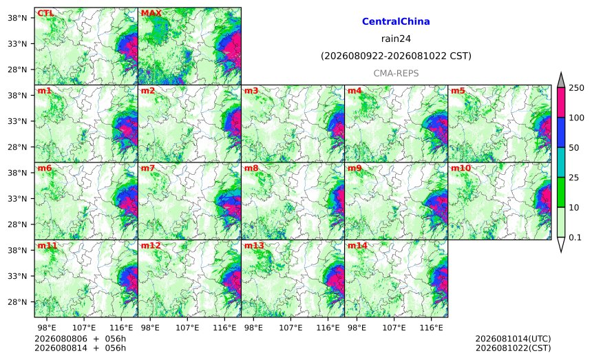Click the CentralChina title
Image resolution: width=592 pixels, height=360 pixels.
(396, 21)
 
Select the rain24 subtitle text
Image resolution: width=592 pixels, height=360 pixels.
(396, 39)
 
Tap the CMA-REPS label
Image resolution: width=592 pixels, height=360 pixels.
(396, 73)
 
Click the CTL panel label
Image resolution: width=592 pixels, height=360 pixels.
(45, 13)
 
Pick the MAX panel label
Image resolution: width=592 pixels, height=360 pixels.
(151, 13)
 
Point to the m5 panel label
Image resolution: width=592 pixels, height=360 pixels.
(458, 91)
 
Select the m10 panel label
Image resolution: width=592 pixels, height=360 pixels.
(461, 168)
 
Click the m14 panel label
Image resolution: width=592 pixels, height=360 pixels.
(357, 246)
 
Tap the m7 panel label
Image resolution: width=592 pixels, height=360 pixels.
(147, 168)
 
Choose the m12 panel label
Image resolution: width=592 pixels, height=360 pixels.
(151, 246)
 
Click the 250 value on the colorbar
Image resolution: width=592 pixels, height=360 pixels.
(577, 88)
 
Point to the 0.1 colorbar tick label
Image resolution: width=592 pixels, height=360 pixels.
(575, 237)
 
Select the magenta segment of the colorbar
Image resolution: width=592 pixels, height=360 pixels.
(560, 103)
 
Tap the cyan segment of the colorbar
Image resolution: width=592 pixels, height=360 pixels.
(560, 162)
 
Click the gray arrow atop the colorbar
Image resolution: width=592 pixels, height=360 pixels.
(560, 81)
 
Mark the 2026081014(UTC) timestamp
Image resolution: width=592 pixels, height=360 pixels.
(513, 339)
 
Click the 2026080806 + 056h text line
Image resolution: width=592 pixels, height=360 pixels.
(80, 339)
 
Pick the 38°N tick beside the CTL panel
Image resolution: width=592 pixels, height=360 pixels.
(17, 18)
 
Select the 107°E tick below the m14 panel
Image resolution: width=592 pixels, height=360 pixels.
(394, 328)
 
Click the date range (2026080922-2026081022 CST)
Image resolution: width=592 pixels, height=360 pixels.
(396, 56)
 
